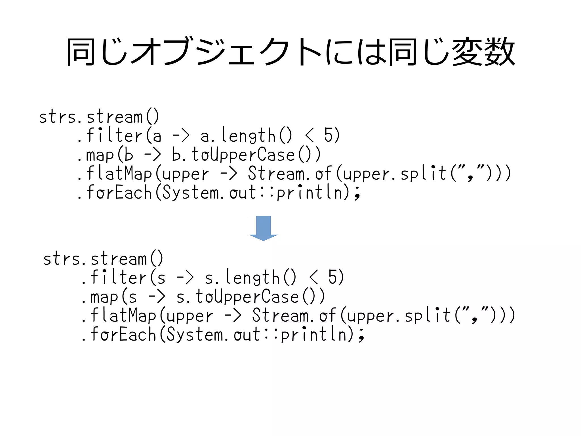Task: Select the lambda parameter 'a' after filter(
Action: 157,136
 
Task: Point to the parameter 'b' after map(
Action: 129,155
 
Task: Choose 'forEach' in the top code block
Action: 119,192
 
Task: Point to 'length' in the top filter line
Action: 248,136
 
